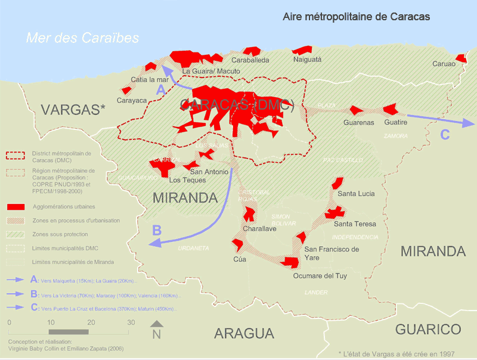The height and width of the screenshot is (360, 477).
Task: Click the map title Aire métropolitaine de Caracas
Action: pyautogui.click(x=356, y=17)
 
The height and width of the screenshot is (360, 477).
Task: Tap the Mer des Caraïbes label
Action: pyautogui.click(x=82, y=38)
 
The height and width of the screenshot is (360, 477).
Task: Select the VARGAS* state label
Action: pyautogui.click(x=73, y=110)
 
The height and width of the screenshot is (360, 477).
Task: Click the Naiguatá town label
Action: pyautogui.click(x=307, y=60)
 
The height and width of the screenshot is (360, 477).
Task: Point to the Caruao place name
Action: pyautogui.click(x=444, y=63)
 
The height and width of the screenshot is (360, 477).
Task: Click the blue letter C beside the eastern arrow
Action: pyautogui.click(x=445, y=135)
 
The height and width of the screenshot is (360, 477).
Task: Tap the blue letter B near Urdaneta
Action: pyautogui.click(x=157, y=230)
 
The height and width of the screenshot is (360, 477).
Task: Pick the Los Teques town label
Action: pyautogui.click(x=187, y=180)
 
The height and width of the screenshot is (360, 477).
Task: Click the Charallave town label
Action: pyautogui.click(x=259, y=228)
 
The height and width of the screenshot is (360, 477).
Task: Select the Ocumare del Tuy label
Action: pyautogui.click(x=320, y=276)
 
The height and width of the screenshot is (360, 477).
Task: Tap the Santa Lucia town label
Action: pyautogui.click(x=356, y=194)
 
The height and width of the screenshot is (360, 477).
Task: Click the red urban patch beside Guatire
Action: pyautogui.click(x=391, y=109)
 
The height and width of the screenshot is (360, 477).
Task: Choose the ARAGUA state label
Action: pyautogui.click(x=244, y=333)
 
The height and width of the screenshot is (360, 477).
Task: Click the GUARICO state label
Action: pyautogui.click(x=428, y=329)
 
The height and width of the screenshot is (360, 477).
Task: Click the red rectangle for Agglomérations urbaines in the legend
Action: pyautogui.click(x=16, y=206)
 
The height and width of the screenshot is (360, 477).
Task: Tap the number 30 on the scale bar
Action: pyautogui.click(x=131, y=322)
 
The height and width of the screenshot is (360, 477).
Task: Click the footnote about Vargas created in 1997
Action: pyautogui.click(x=396, y=354)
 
